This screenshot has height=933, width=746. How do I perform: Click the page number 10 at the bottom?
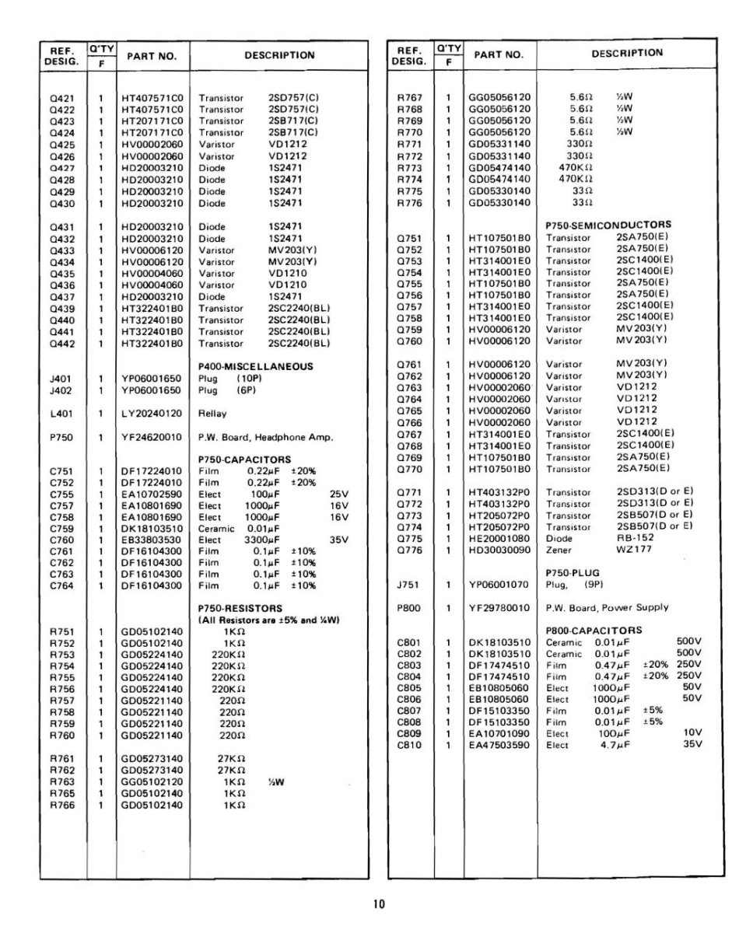[378, 903]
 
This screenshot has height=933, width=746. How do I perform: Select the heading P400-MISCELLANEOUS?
[256, 366]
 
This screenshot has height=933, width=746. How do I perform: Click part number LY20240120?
[152, 414]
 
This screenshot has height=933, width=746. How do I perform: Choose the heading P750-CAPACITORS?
[244, 460]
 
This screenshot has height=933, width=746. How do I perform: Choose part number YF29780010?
[499, 607]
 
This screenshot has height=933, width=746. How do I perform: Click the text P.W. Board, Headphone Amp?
[265, 437]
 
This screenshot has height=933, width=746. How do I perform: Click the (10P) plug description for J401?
[248, 379]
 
